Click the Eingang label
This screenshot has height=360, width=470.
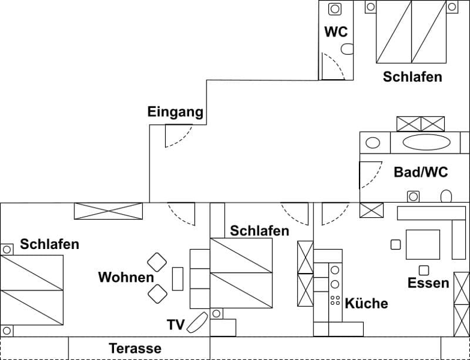click(175, 112)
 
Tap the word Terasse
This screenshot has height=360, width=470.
click(134, 348)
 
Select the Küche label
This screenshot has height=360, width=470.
click(366, 304)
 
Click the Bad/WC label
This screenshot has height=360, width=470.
click(421, 172)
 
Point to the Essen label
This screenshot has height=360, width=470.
click(428, 283)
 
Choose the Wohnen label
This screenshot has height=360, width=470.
click(126, 277)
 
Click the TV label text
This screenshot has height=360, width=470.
click(175, 325)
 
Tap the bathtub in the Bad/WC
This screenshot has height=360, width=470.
click(426, 143)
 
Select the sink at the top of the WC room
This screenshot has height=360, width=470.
click(335, 8)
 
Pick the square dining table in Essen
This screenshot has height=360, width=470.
click(423, 244)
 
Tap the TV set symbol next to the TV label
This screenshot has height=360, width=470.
click(197, 323)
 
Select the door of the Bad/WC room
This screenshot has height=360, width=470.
click(370, 175)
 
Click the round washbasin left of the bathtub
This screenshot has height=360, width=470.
click(373, 143)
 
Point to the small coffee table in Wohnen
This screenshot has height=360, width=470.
click(178, 279)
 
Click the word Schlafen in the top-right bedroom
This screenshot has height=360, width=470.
click(412, 77)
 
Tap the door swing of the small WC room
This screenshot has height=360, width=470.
click(332, 66)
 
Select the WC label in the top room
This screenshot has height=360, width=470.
click(336, 32)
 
